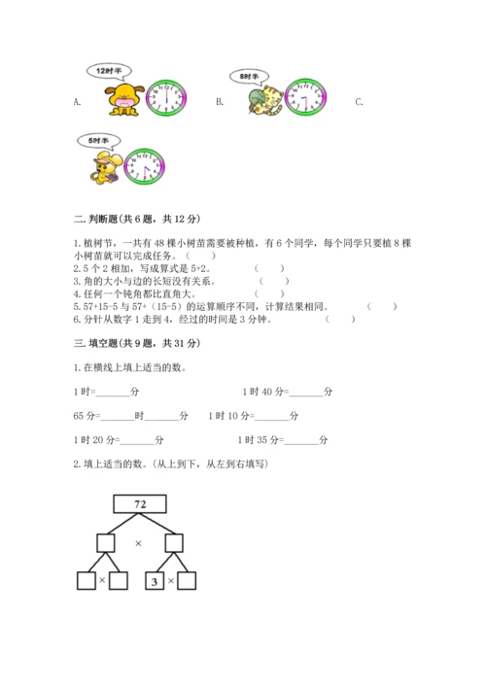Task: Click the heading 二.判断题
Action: [136, 220]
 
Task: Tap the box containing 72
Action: [139, 504]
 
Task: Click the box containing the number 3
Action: [154, 581]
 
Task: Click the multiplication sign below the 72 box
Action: [138, 543]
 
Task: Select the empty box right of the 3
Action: [187, 581]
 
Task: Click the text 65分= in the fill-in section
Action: [86, 416]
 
